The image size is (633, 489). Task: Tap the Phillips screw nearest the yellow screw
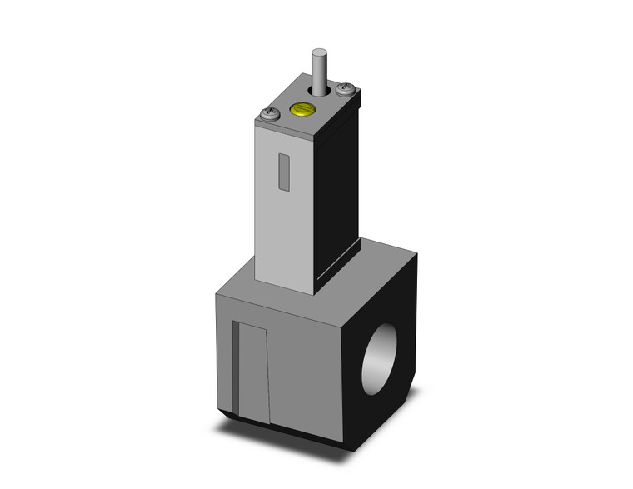point(270,115)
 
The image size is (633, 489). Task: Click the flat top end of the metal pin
point(316,53)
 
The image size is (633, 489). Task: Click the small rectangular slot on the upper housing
point(284,172)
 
